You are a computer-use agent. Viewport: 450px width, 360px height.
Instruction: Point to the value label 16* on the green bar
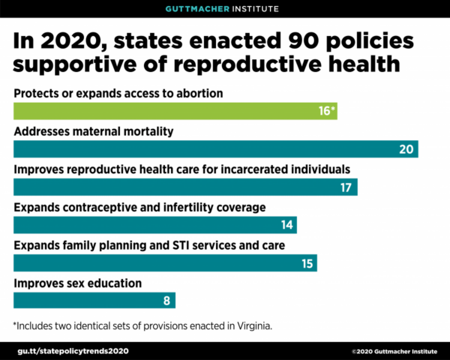[x=325, y=111]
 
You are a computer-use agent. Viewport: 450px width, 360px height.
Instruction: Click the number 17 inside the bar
[x=346, y=187]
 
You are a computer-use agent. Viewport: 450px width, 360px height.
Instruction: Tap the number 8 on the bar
[x=167, y=301]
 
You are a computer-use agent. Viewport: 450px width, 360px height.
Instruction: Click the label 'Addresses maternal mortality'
[x=94, y=131]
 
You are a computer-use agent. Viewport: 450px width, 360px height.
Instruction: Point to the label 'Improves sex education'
[x=77, y=283]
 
